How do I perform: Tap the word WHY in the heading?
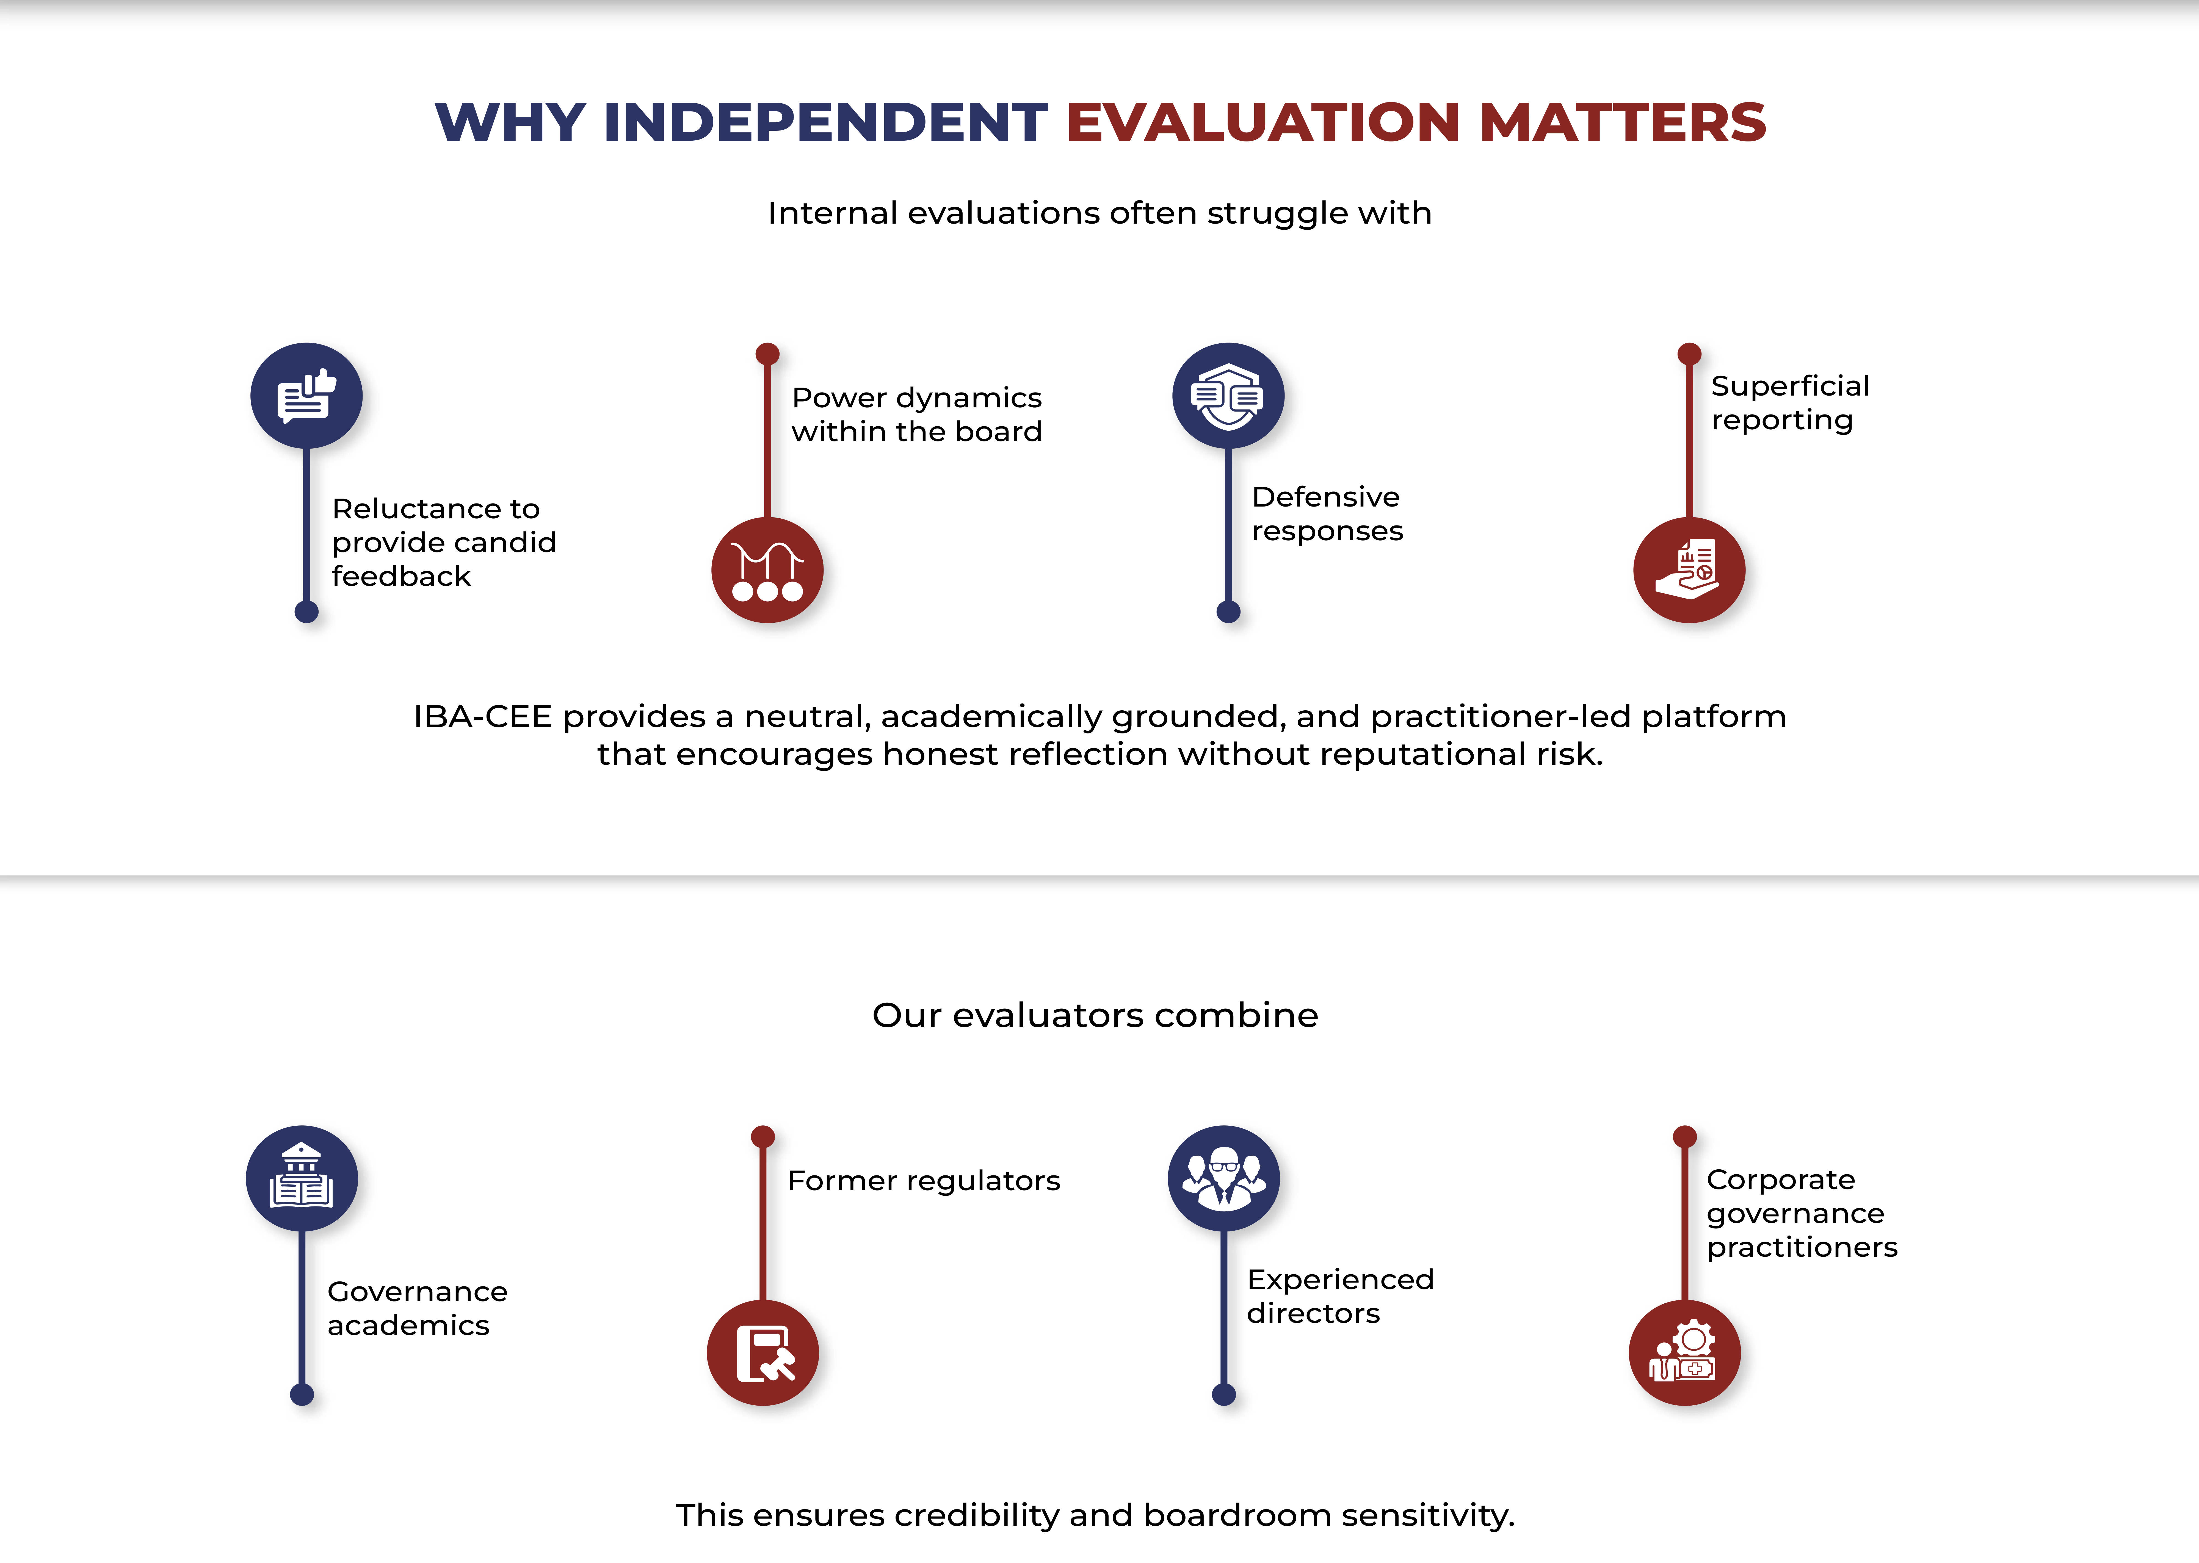pos(510,122)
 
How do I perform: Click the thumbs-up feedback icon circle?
pos(306,396)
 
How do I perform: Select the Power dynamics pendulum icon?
pos(767,570)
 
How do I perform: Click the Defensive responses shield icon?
pos(1228,396)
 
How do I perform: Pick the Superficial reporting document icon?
pos(1689,570)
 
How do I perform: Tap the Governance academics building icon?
pos(301,1178)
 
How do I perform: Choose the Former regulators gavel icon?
pos(763,1352)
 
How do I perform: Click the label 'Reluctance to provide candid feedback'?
pos(444,542)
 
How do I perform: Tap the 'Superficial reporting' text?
pos(1790,402)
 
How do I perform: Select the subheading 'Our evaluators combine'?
pos(1095,1015)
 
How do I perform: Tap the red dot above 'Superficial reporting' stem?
pos(1689,353)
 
